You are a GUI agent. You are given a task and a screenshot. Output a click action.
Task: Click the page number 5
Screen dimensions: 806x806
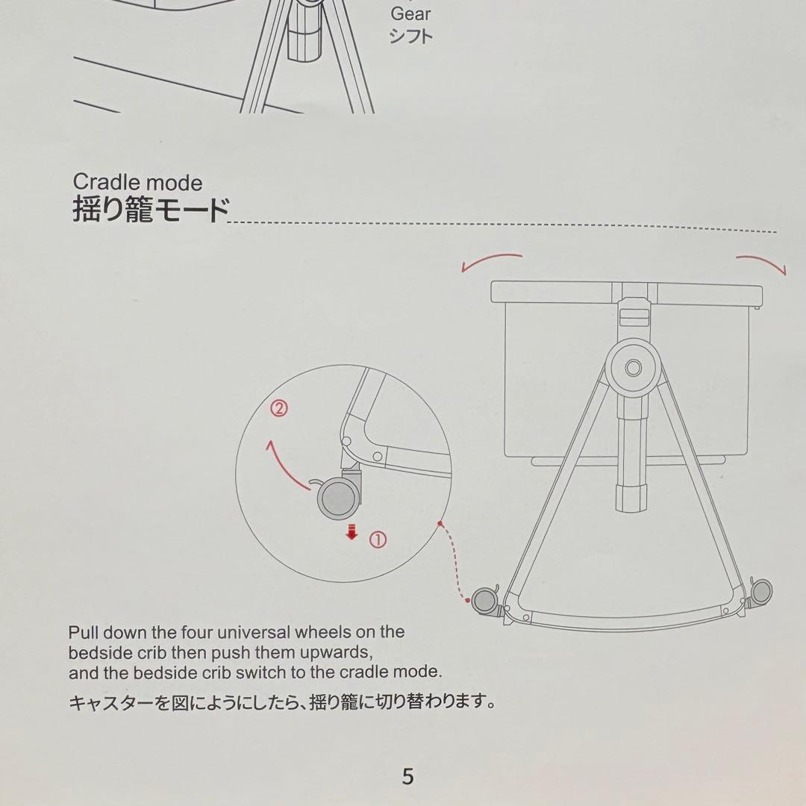[407, 775]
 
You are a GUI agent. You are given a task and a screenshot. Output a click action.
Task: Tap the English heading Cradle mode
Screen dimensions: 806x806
[137, 183]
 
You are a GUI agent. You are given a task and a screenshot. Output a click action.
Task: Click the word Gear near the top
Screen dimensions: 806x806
[410, 14]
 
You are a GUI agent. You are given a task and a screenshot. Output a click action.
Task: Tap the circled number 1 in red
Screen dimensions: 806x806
[378, 540]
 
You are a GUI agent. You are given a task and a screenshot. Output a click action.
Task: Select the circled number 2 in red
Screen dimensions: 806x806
[279, 409]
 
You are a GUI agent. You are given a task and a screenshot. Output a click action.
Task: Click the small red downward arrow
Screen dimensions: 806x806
[352, 532]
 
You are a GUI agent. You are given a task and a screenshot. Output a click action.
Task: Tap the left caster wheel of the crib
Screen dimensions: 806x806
[485, 600]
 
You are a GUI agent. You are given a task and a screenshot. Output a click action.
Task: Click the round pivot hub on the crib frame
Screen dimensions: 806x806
[633, 367]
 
